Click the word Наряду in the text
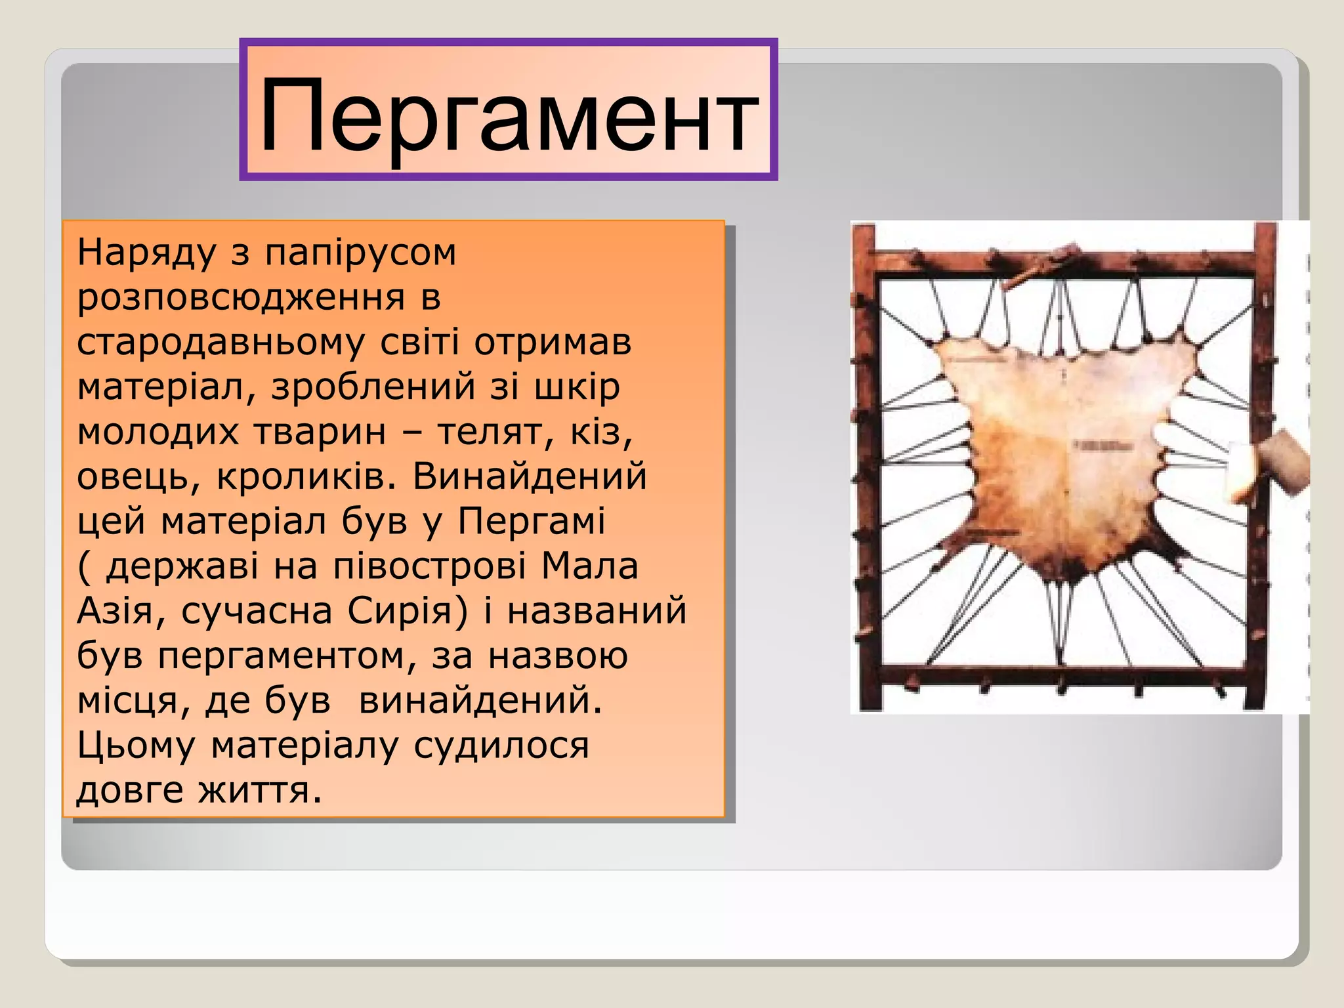click(x=146, y=253)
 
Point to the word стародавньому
click(x=220, y=343)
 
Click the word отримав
click(x=553, y=343)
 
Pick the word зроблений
click(x=373, y=387)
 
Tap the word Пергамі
click(x=532, y=522)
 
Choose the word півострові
click(x=430, y=566)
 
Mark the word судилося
click(x=501, y=745)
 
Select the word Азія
click(x=115, y=611)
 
